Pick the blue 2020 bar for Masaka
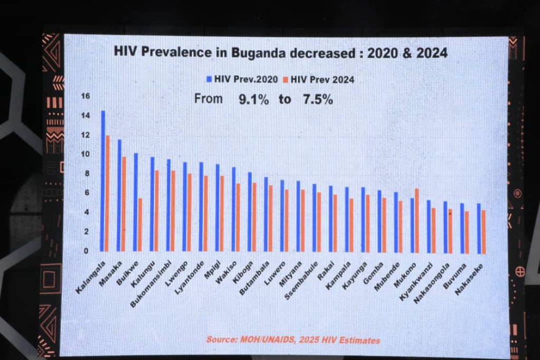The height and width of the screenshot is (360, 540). [x=119, y=195]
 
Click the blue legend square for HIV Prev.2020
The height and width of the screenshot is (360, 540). [x=209, y=79]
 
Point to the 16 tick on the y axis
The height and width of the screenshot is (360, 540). [x=85, y=96]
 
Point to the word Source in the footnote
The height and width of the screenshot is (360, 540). [x=221, y=340]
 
